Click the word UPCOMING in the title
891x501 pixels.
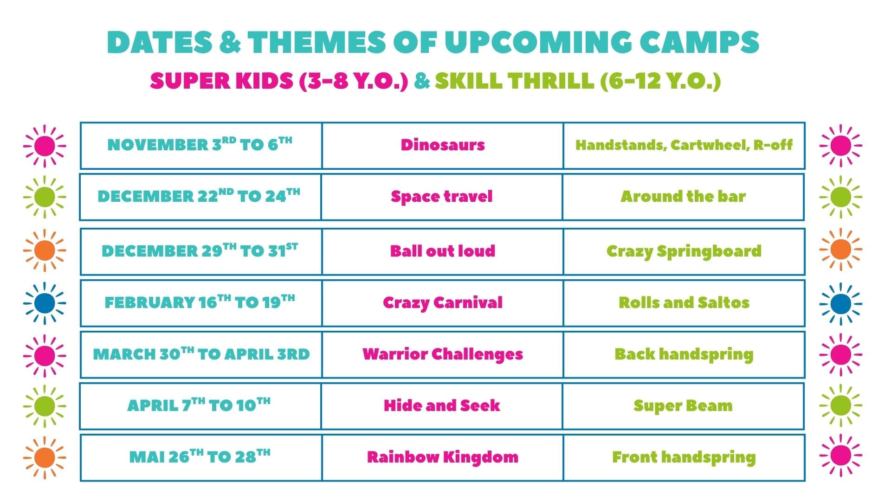pyautogui.click(x=537, y=42)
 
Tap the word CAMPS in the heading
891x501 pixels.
pyautogui.click(x=699, y=42)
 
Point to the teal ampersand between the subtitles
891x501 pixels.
pyautogui.click(x=421, y=81)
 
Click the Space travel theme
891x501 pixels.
pyautogui.click(x=441, y=196)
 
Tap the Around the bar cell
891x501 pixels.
pyautogui.click(x=683, y=196)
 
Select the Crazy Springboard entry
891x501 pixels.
pyautogui.click(x=684, y=251)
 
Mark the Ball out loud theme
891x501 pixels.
pyautogui.click(x=442, y=251)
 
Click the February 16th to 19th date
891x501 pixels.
pyautogui.click(x=200, y=302)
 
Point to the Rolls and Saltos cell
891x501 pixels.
pyautogui.click(x=684, y=302)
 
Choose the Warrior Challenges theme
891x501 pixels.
pyautogui.click(x=442, y=354)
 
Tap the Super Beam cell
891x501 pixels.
pyautogui.click(x=683, y=406)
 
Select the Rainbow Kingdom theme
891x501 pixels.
pyautogui.click(x=442, y=457)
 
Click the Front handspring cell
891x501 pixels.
pyautogui.click(x=684, y=457)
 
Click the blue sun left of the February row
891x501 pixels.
pyautogui.click(x=45, y=303)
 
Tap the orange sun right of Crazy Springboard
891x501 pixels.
pyautogui.click(x=840, y=250)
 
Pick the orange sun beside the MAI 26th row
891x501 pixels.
pyautogui.click(x=45, y=457)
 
